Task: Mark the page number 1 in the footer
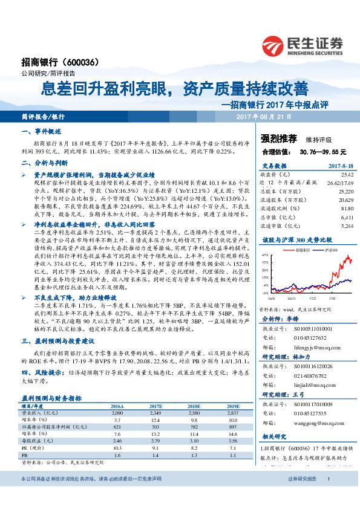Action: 327,496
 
